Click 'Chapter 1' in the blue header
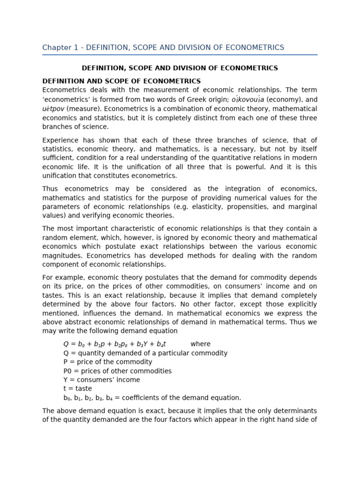58,48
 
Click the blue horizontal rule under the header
180,55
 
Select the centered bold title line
180,68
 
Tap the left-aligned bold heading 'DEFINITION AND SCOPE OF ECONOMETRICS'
121,82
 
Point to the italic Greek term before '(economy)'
247,99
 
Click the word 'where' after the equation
200,344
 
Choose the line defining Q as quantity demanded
145,353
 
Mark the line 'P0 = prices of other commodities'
117,371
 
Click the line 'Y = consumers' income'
101,380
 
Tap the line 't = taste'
77,389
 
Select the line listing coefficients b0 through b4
152,397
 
